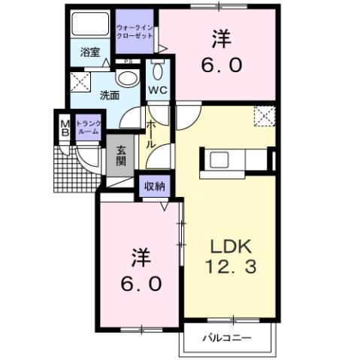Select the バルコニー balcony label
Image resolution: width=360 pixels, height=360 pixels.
pyautogui.click(x=226, y=337)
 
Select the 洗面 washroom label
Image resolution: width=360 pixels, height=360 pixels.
pyautogui.click(x=110, y=95)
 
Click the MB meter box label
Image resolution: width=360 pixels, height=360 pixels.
pyautogui.click(x=65, y=126)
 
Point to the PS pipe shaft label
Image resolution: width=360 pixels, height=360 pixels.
pyautogui.click(x=129, y=62)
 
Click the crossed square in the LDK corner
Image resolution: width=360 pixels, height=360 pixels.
pyautogui.click(x=263, y=116)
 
